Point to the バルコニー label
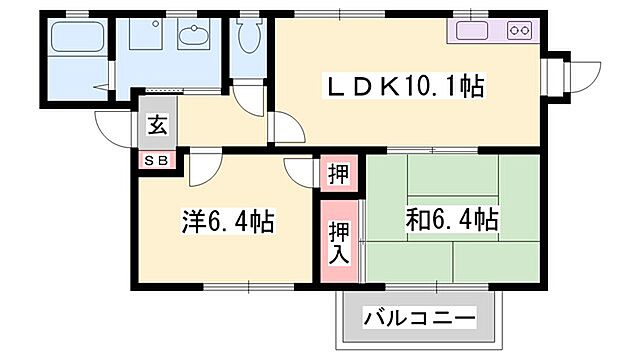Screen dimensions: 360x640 pos(419,322)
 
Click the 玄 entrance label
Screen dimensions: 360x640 pos(158,126)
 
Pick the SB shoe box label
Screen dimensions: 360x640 pos(158,159)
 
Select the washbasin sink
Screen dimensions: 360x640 pos(192,37)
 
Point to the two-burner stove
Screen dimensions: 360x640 pos(518,30)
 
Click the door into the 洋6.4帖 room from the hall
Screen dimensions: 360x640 pos(200,165)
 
